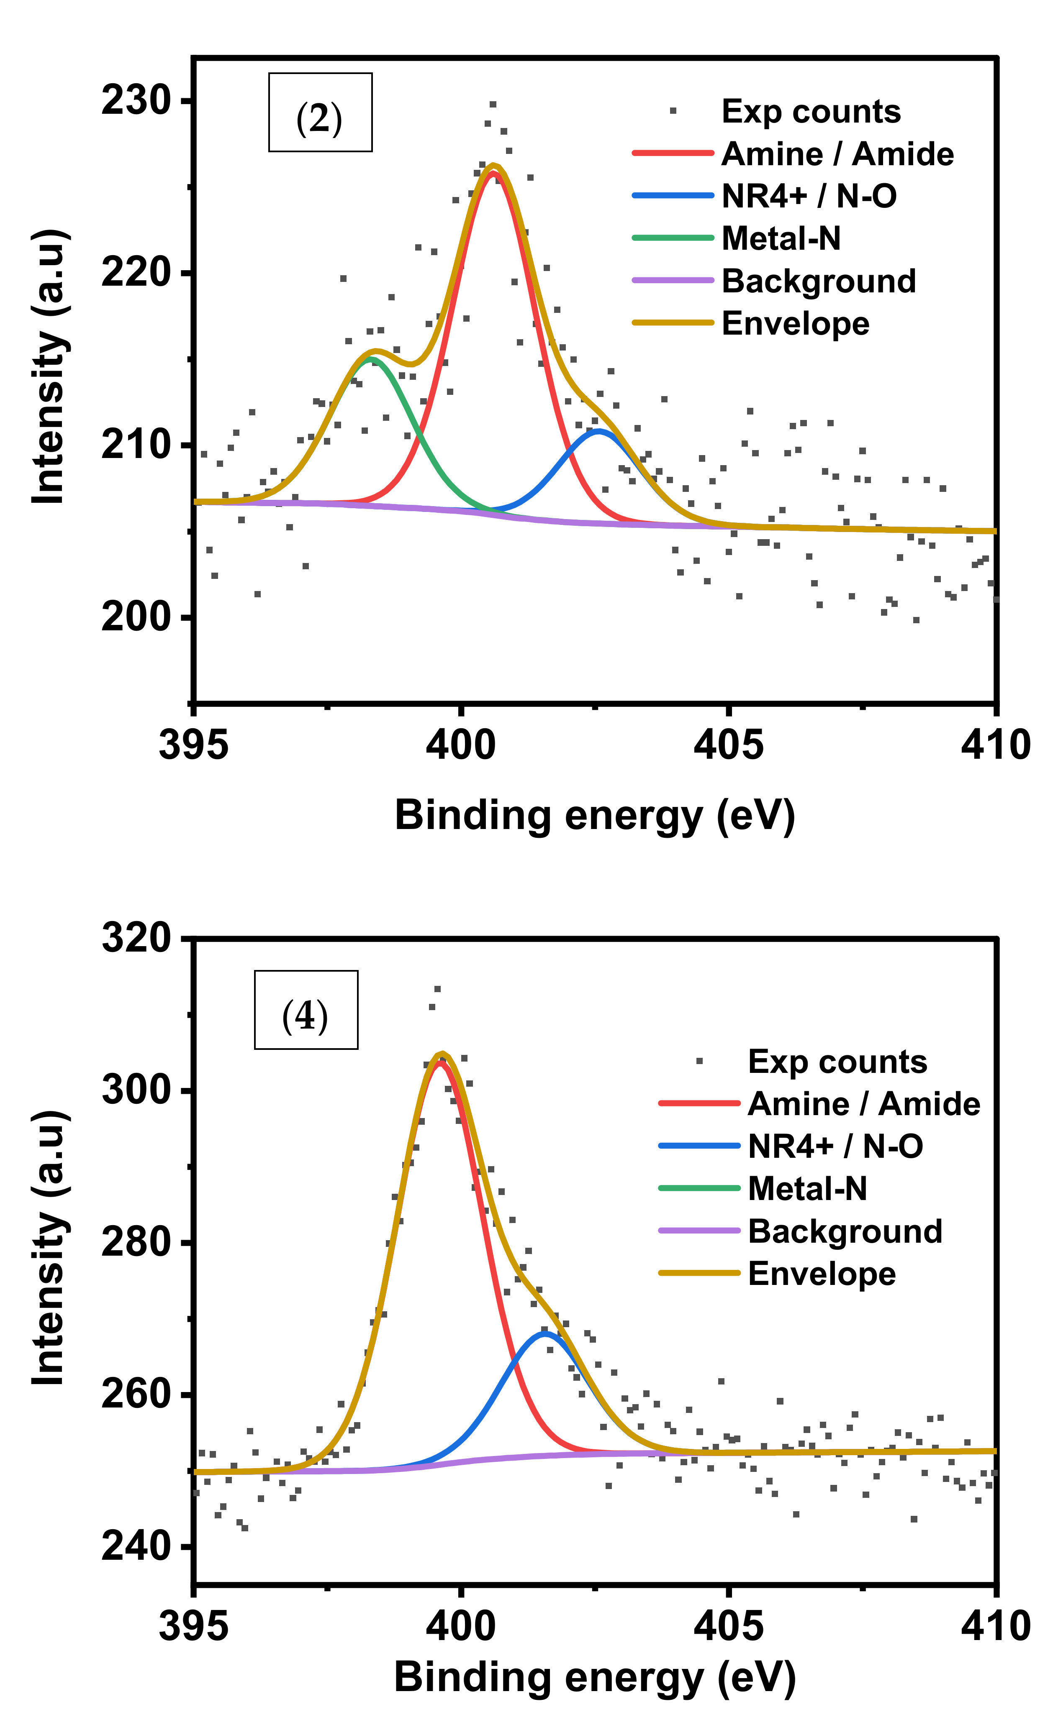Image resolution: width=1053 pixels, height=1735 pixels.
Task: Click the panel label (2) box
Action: tap(320, 113)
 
